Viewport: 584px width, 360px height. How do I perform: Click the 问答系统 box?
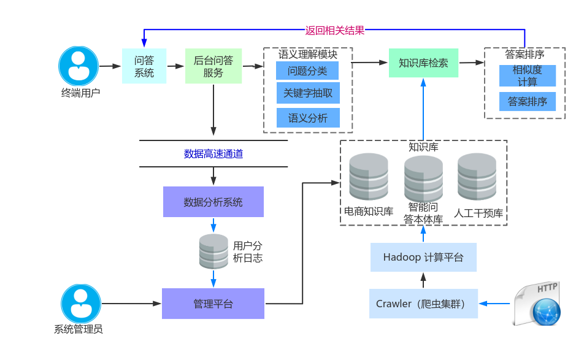144,66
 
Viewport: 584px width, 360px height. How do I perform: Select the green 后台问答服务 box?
213,66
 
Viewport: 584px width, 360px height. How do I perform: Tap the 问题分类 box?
307,71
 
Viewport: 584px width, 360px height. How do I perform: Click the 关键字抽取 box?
307,94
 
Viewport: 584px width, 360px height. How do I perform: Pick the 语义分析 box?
307,118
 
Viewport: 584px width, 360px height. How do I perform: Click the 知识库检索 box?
423,63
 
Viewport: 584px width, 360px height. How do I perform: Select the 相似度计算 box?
527,75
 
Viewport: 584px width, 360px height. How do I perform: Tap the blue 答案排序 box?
527,102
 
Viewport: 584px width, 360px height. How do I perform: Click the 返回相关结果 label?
335,29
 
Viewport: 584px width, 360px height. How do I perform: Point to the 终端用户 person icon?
79,66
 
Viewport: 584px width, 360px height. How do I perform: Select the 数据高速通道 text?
213,154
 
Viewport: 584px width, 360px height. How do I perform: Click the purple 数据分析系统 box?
213,202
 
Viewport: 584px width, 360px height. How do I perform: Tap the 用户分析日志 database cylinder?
213,251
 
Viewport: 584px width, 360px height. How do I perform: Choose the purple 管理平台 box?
213,304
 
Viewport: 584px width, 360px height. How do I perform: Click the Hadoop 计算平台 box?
423,257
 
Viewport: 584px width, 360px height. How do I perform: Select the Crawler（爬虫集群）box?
423,304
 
